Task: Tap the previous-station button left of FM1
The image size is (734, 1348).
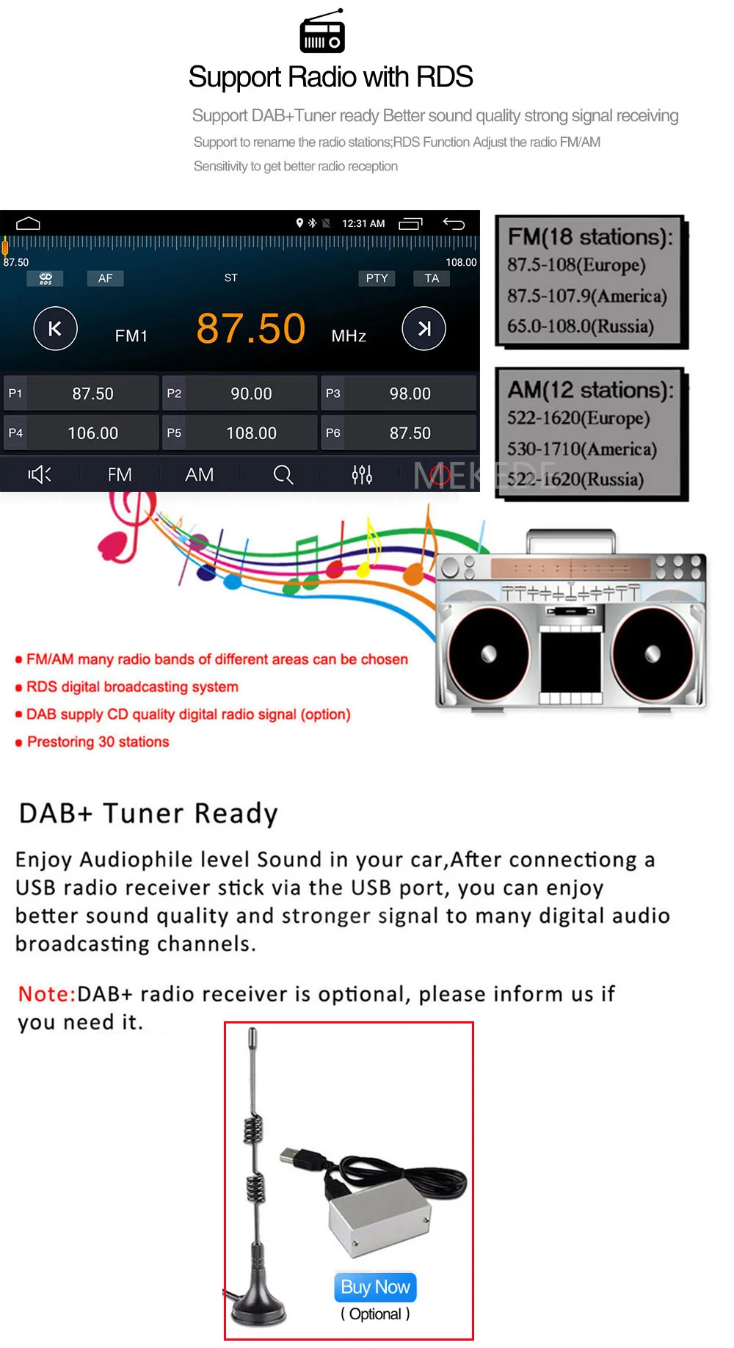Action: pos(55,328)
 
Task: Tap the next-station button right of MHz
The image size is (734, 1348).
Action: pos(424,328)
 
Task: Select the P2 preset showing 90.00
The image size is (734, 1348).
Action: pos(240,394)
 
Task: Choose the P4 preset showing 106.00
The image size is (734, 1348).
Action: pos(81,433)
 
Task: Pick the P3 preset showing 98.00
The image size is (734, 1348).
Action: pos(399,394)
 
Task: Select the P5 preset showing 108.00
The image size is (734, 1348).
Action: pos(240,433)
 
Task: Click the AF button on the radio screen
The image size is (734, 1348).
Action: pos(105,278)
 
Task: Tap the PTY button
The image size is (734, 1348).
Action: pos(377,278)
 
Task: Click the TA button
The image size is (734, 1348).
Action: pos(432,278)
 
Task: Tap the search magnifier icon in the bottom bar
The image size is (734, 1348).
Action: pos(283,475)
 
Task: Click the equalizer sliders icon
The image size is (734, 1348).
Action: pos(362,475)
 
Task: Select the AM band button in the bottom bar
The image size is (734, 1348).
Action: pos(199,475)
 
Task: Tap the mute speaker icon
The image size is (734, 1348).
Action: pos(40,475)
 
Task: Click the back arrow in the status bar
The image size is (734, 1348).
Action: pos(454,224)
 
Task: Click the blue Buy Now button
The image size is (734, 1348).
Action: pos(375,1287)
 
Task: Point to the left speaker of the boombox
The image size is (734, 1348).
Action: pos(487,653)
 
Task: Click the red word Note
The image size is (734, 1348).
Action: pos(46,994)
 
